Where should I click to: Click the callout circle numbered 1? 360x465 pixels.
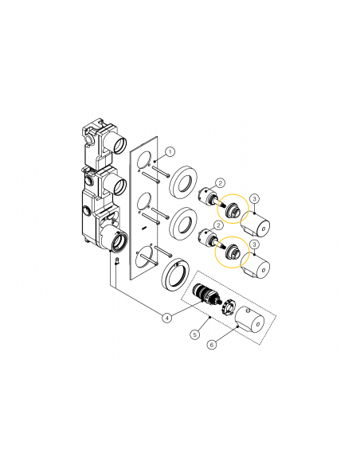point(170,150)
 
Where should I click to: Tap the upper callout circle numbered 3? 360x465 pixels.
point(253,197)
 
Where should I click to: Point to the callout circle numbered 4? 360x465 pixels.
point(166,317)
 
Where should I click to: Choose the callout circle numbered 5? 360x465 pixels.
point(194,335)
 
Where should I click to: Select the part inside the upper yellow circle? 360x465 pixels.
point(234,210)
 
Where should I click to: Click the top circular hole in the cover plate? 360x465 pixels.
point(143,162)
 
